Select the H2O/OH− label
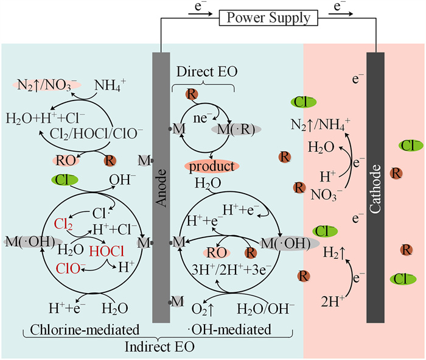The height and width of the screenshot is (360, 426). [269, 298]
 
